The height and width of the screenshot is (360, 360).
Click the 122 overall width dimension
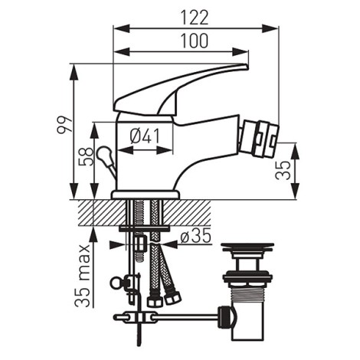pos(195,15)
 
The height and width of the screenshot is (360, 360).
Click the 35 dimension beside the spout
pos(284,170)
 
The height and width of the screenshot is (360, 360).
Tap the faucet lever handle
pos(176,88)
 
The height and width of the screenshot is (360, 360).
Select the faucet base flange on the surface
pos(145,195)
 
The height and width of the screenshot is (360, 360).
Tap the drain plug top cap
pos(247,250)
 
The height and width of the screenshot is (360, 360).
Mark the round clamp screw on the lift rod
pos(117,283)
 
